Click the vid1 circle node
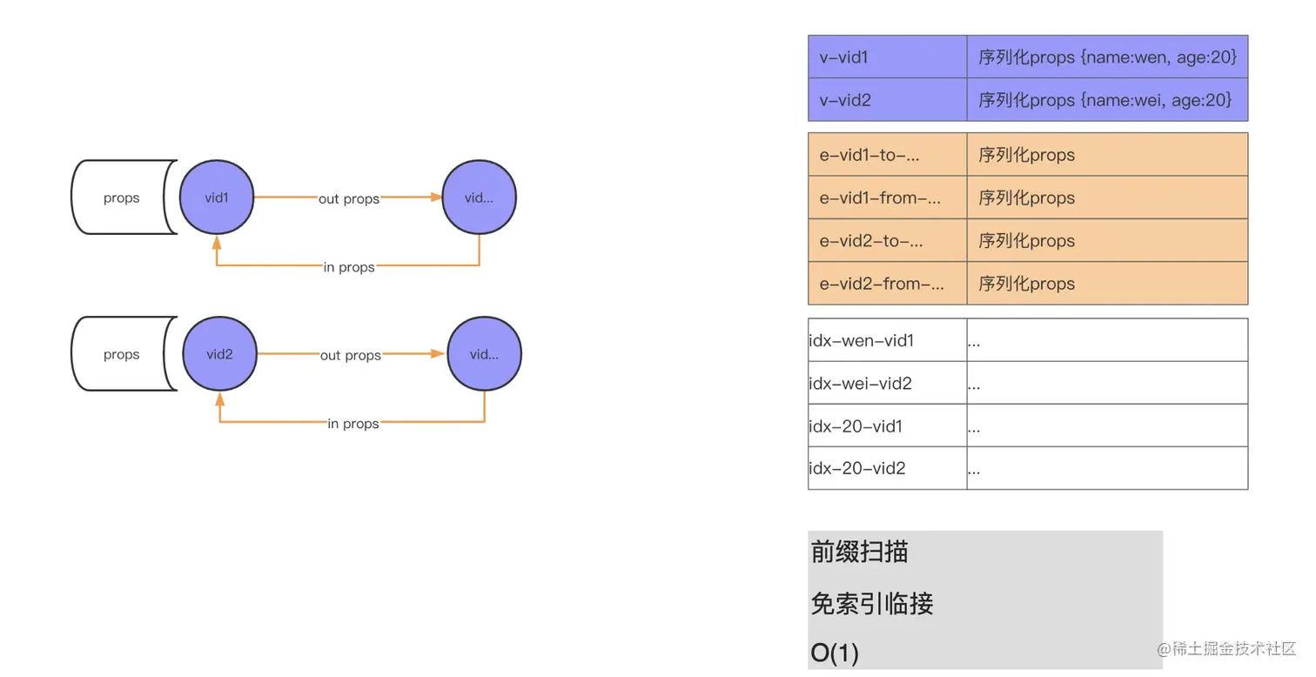pos(217,198)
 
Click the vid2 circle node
pos(219,354)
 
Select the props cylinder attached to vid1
pos(122,198)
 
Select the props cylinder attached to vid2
pos(122,354)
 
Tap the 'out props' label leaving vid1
pos(349,198)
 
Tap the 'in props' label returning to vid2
pos(353,424)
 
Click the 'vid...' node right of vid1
pos(480,198)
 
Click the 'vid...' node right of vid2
pos(484,354)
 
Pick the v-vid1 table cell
pos(887,57)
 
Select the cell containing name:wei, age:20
pos(1107,100)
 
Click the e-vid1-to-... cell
pos(887,155)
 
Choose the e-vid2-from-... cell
pos(887,284)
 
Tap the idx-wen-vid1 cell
pos(887,340)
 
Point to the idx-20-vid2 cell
pos(887,468)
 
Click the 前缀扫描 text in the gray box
pos(860,552)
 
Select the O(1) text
pos(835,653)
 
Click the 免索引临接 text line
pos(872,603)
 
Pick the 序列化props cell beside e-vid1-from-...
pos(1107,198)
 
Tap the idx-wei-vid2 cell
pos(887,383)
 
